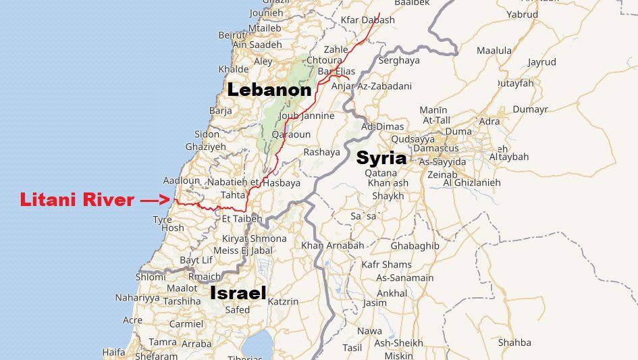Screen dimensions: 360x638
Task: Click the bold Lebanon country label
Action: (x=269, y=90)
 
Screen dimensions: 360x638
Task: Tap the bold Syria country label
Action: (x=381, y=158)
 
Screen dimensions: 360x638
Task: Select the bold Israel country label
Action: (x=238, y=293)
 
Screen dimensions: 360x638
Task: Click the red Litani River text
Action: (x=77, y=200)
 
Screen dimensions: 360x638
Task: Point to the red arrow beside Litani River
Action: (x=155, y=200)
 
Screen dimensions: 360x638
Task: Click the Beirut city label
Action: (x=231, y=35)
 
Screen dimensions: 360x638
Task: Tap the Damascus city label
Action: (x=435, y=148)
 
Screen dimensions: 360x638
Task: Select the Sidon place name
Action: (x=207, y=134)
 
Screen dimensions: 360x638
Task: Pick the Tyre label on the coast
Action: (x=162, y=220)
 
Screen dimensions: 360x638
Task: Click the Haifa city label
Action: (x=113, y=352)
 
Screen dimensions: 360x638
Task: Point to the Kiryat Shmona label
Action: (x=255, y=238)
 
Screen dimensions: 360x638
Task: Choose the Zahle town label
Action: (x=336, y=49)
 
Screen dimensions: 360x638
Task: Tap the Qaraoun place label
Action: (x=291, y=134)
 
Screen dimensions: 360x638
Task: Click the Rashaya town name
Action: (x=321, y=152)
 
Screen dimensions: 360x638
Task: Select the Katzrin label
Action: (x=283, y=301)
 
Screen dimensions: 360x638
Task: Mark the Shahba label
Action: (x=514, y=342)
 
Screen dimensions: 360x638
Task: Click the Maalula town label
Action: (x=494, y=51)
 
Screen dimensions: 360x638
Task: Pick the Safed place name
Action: (x=237, y=310)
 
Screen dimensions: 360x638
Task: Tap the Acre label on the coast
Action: (x=132, y=320)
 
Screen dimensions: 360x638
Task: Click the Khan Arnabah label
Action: (x=332, y=245)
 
